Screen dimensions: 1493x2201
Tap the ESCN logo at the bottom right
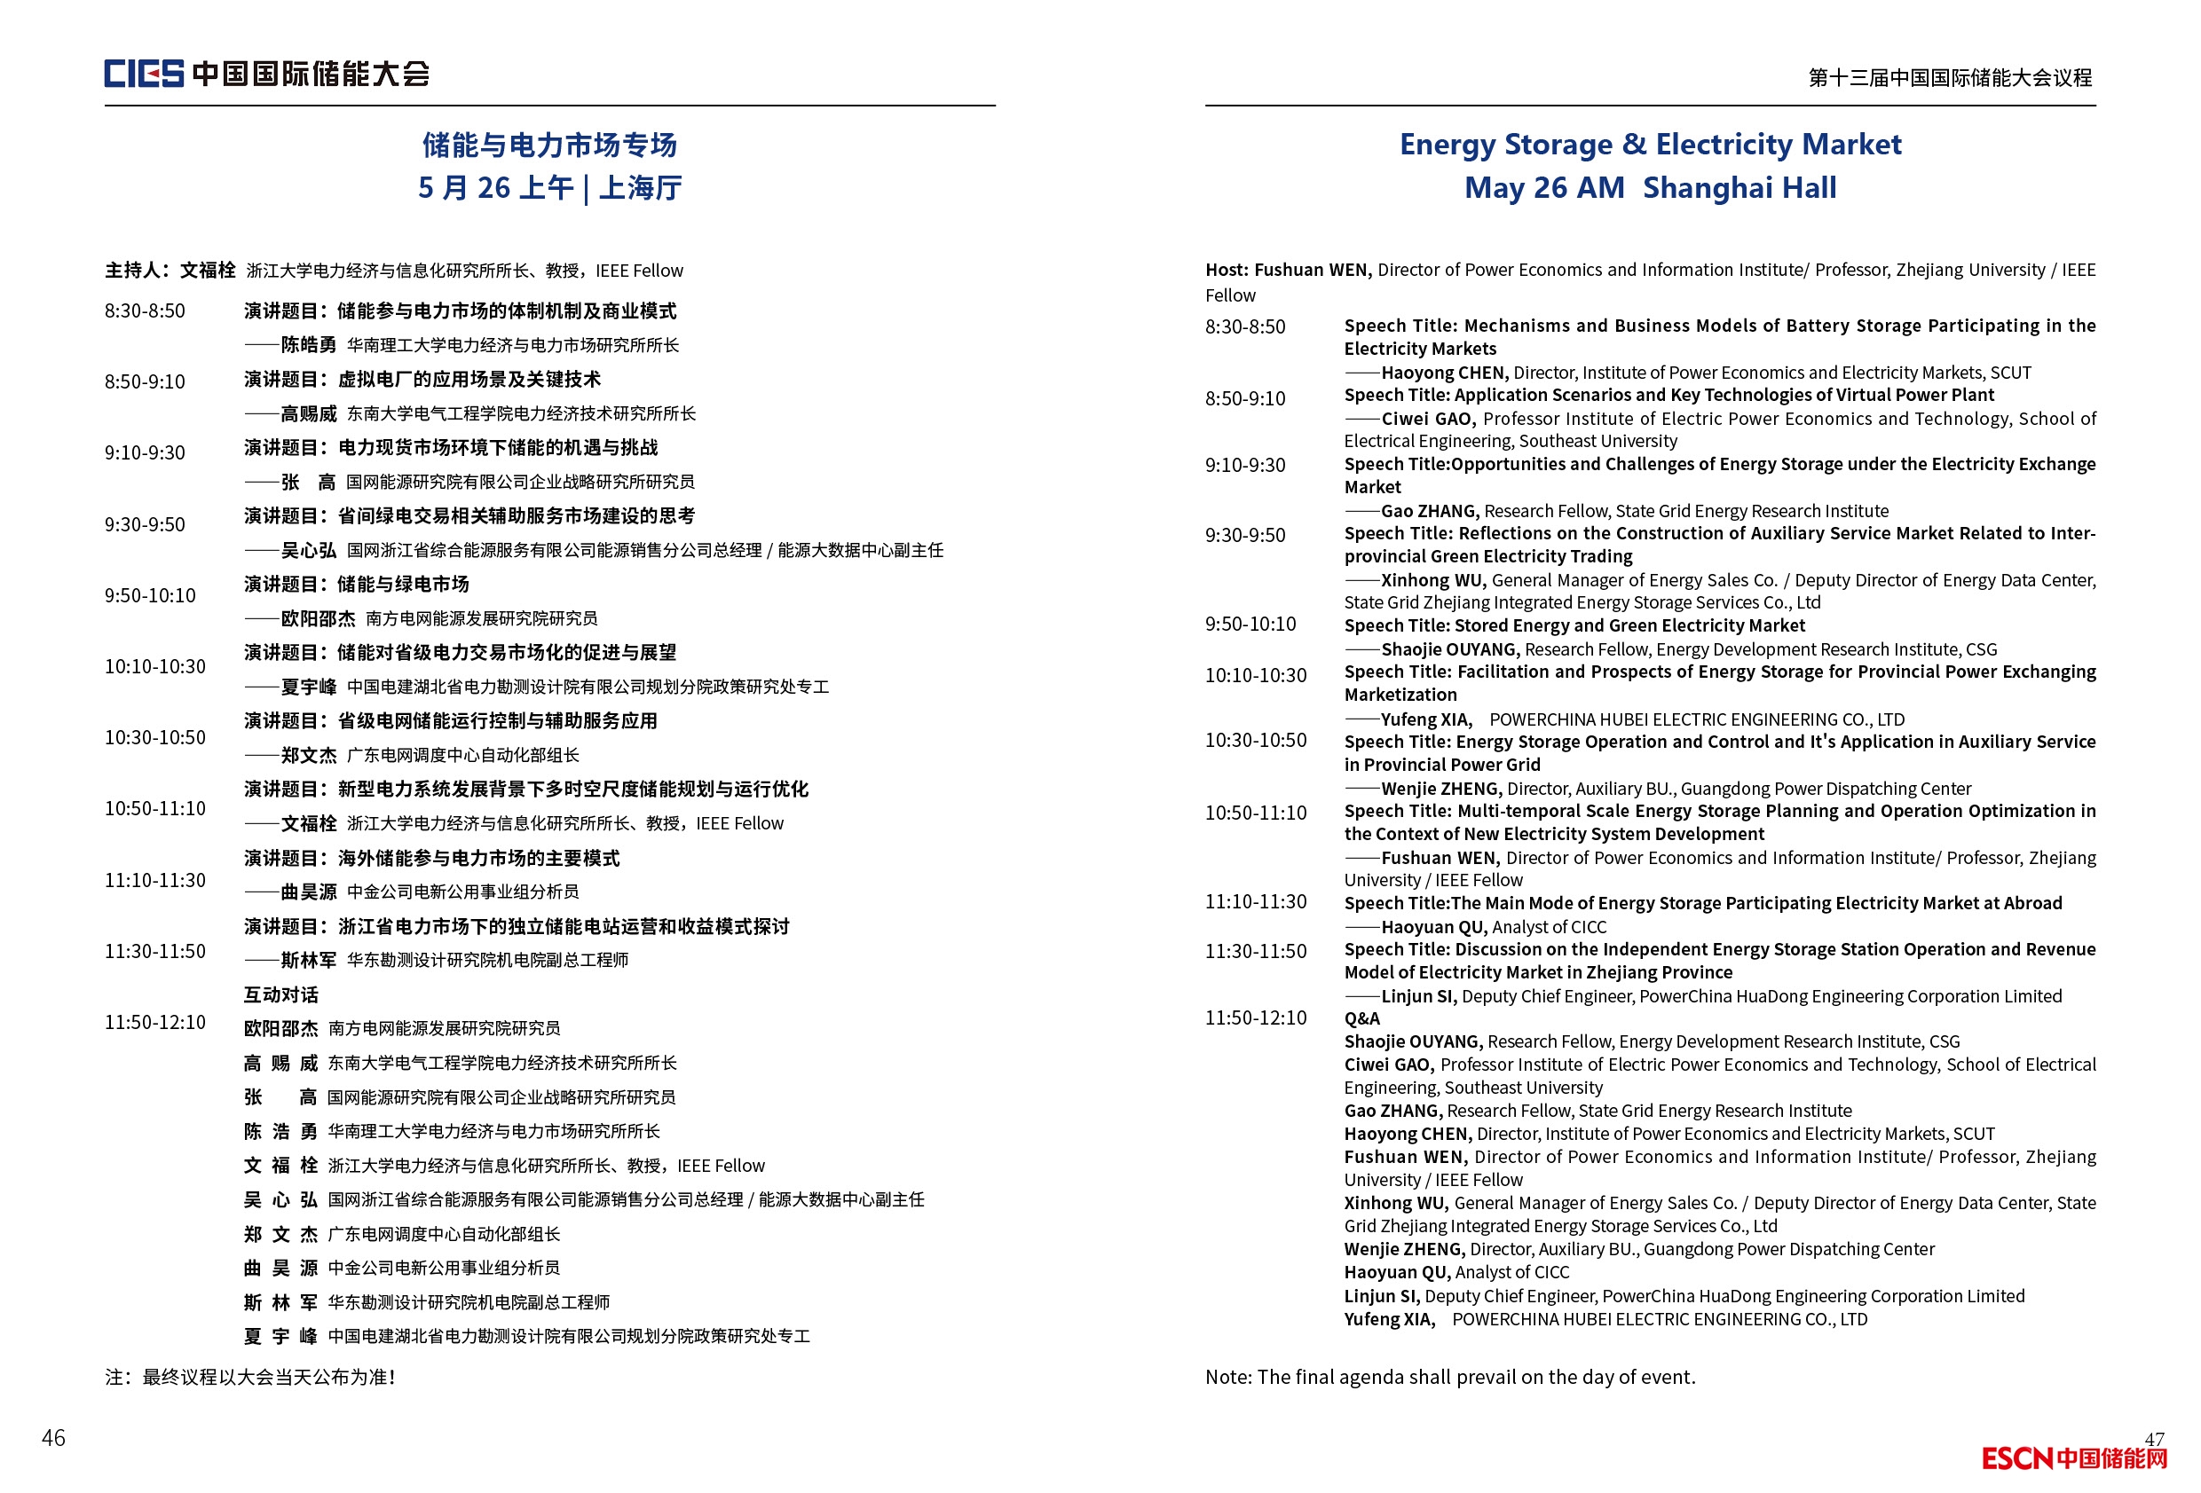[x=2073, y=1458]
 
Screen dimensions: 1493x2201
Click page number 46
[x=53, y=1437]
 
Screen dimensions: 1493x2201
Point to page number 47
[x=2154, y=1438]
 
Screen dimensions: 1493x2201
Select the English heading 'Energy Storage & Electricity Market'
[x=1650, y=144]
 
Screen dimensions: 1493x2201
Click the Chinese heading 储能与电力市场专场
[x=549, y=145]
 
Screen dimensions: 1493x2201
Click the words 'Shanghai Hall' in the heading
[x=1739, y=187]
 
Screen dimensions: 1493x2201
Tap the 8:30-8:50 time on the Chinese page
[x=145, y=310]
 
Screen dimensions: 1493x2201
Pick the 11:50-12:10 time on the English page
[x=1255, y=1018]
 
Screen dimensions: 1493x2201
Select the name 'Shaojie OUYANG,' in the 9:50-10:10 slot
[x=1450, y=649]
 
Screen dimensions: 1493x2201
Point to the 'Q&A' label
[x=1362, y=1018]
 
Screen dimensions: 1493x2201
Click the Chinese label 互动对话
[x=280, y=994]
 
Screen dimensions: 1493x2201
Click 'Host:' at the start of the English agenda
[x=1227, y=270]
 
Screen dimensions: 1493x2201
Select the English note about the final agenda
[x=1450, y=1377]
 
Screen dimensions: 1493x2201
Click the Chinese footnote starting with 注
[x=250, y=1377]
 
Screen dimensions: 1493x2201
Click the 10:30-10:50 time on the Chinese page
[x=154, y=736]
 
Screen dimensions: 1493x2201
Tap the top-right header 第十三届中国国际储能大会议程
[x=1949, y=78]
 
